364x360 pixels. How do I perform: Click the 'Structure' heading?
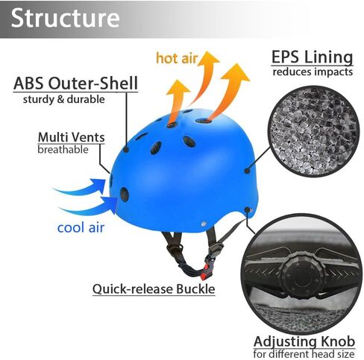click(66, 18)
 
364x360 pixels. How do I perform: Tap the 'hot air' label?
click(177, 58)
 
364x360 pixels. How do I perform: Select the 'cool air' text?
click(81, 227)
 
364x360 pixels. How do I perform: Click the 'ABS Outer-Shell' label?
click(75, 83)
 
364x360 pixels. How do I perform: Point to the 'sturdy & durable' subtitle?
click(64, 99)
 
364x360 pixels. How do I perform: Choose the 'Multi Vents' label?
click(72, 137)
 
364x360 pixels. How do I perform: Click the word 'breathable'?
click(63, 150)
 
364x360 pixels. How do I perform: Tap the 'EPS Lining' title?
click(313, 57)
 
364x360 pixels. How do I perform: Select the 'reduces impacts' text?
click(313, 72)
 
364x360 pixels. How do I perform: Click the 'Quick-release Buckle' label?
click(154, 289)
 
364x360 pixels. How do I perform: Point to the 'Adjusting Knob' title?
click(304, 341)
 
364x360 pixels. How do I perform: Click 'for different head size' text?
click(304, 353)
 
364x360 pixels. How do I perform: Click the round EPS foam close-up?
click(313, 131)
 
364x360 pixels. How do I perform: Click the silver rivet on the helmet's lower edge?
click(204, 224)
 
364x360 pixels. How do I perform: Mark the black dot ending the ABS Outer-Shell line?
click(126, 150)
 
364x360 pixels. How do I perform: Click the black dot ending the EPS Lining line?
click(247, 171)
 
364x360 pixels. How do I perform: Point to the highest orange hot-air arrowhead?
click(207, 57)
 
